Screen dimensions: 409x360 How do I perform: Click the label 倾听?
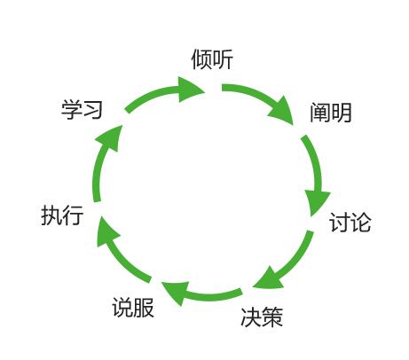(x=212, y=59)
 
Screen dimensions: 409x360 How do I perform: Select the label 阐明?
(x=331, y=113)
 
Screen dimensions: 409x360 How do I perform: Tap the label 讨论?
(x=350, y=223)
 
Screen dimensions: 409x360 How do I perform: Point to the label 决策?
(x=262, y=317)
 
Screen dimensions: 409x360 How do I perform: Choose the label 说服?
(x=133, y=308)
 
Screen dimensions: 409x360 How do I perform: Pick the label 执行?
(x=62, y=215)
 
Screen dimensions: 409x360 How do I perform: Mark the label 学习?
(x=82, y=109)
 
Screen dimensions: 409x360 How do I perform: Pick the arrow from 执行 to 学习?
(x=99, y=166)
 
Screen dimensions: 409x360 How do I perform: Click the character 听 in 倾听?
(x=223, y=59)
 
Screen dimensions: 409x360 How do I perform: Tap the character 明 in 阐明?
(x=342, y=113)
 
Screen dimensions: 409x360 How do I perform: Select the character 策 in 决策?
(x=272, y=317)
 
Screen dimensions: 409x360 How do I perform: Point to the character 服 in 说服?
(x=144, y=308)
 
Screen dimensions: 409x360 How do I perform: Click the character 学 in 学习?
(x=72, y=109)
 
